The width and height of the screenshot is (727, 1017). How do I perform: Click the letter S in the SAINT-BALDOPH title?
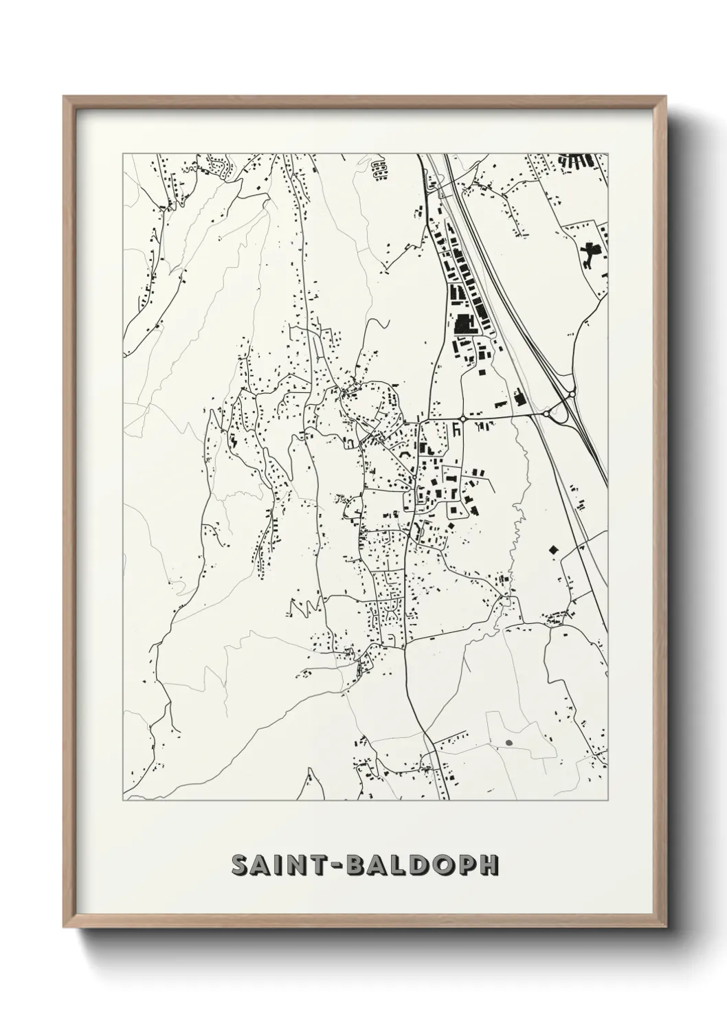point(241,865)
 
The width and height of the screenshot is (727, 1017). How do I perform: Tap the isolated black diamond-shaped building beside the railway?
point(552,549)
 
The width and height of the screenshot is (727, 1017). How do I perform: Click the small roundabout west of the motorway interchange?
point(463,417)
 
